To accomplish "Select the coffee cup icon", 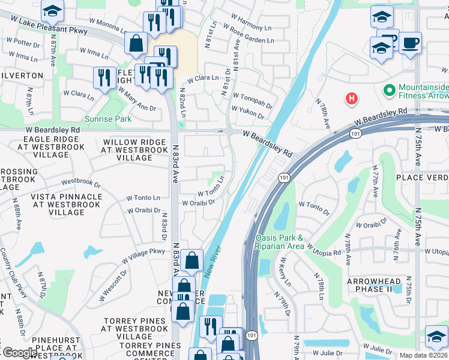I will point(410,43).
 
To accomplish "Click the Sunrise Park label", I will point(107,119).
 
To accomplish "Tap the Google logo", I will point(19,353).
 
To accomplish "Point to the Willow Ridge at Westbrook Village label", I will point(134,150).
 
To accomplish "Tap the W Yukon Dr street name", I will point(252,109).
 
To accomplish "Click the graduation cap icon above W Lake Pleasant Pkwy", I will point(52,11).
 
